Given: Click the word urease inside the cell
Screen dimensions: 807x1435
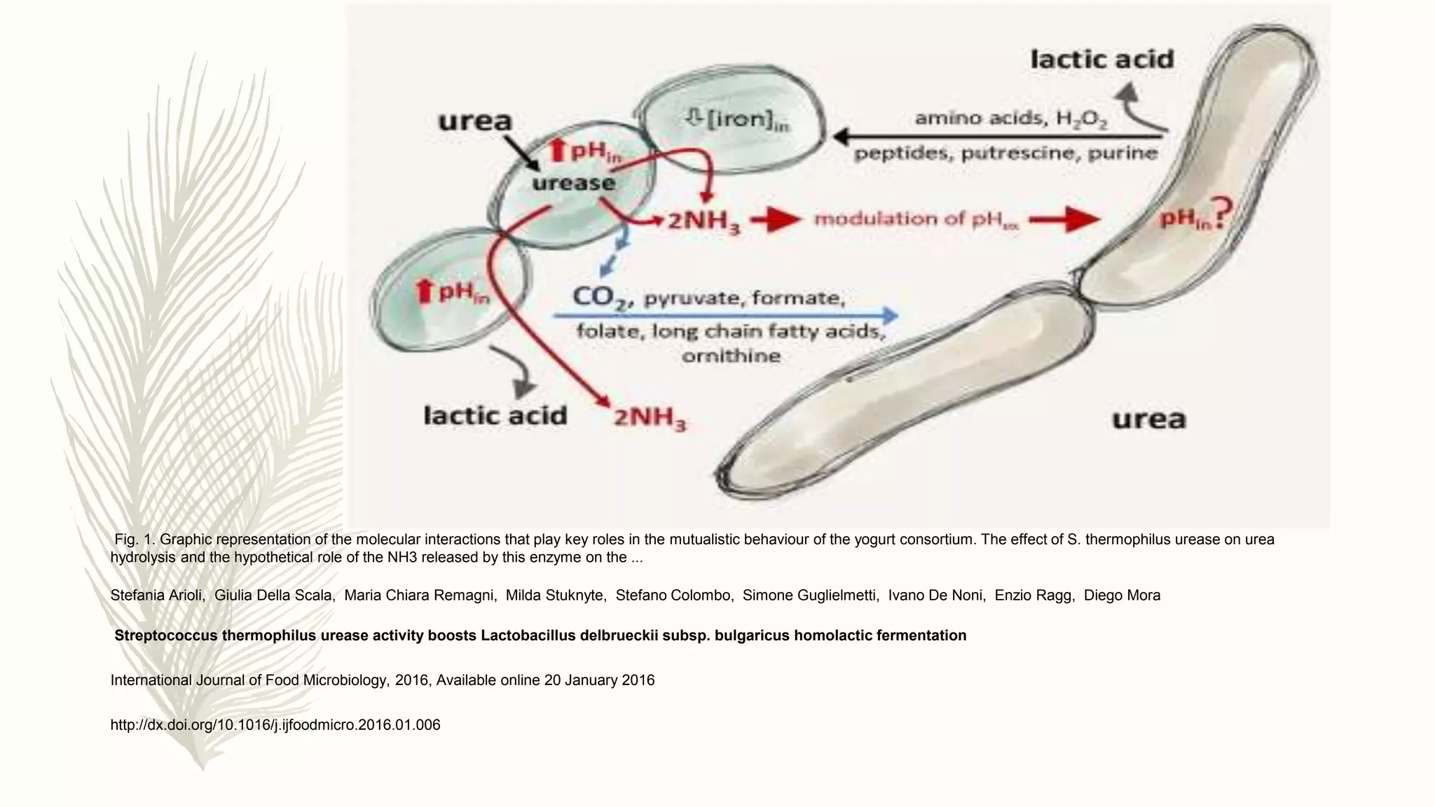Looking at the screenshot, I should pyautogui.click(x=573, y=184).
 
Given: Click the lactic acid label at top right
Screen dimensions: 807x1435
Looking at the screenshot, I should pyautogui.click(x=1101, y=59).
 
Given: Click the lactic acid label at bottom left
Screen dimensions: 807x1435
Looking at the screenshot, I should pyautogui.click(x=495, y=416).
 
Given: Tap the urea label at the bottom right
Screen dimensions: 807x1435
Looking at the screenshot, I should pyautogui.click(x=1148, y=420).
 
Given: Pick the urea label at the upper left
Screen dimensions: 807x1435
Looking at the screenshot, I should pyautogui.click(x=475, y=121).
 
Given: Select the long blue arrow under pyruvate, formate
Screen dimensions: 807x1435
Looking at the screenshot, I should pyautogui.click(x=725, y=315).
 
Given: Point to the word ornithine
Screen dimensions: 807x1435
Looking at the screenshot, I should pyautogui.click(x=731, y=356).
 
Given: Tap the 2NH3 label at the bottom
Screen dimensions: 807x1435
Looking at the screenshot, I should pyautogui.click(x=650, y=419).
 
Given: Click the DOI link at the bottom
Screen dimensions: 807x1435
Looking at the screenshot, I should pyautogui.click(x=275, y=725).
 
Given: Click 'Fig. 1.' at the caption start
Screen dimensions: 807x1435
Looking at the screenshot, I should pyautogui.click(x=134, y=539).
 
